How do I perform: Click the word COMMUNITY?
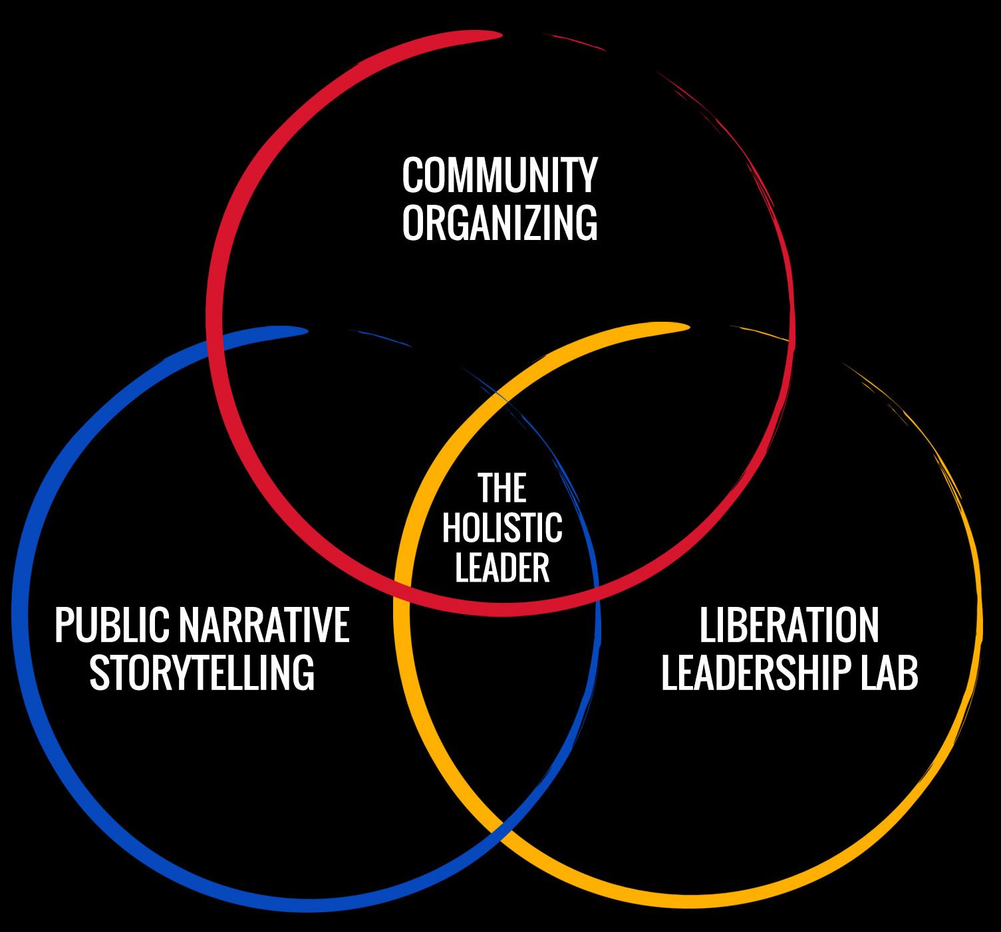(500, 175)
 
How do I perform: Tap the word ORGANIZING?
(500, 223)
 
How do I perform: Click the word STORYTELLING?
(202, 672)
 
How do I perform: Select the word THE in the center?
(501, 489)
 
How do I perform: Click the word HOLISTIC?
(501, 528)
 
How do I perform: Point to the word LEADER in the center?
(501, 568)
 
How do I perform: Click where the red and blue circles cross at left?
(214, 346)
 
